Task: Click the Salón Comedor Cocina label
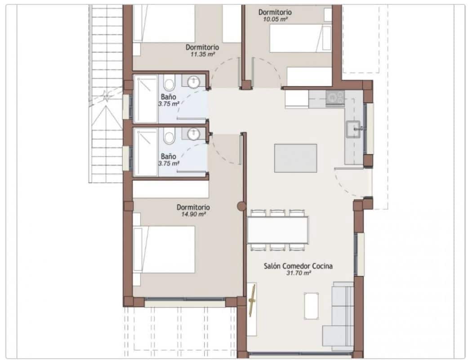(x=298, y=266)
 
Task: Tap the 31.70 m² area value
(x=298, y=273)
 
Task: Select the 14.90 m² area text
(x=193, y=214)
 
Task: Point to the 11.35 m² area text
(x=202, y=54)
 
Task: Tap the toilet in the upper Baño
(x=169, y=84)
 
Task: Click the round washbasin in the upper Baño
(x=193, y=82)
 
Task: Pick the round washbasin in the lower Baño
(x=193, y=134)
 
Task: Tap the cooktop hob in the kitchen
(x=335, y=97)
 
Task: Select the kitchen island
(x=295, y=157)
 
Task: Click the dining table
(x=277, y=230)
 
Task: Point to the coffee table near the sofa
(x=311, y=306)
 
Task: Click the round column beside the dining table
(x=242, y=206)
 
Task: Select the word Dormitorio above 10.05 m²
(x=275, y=12)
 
